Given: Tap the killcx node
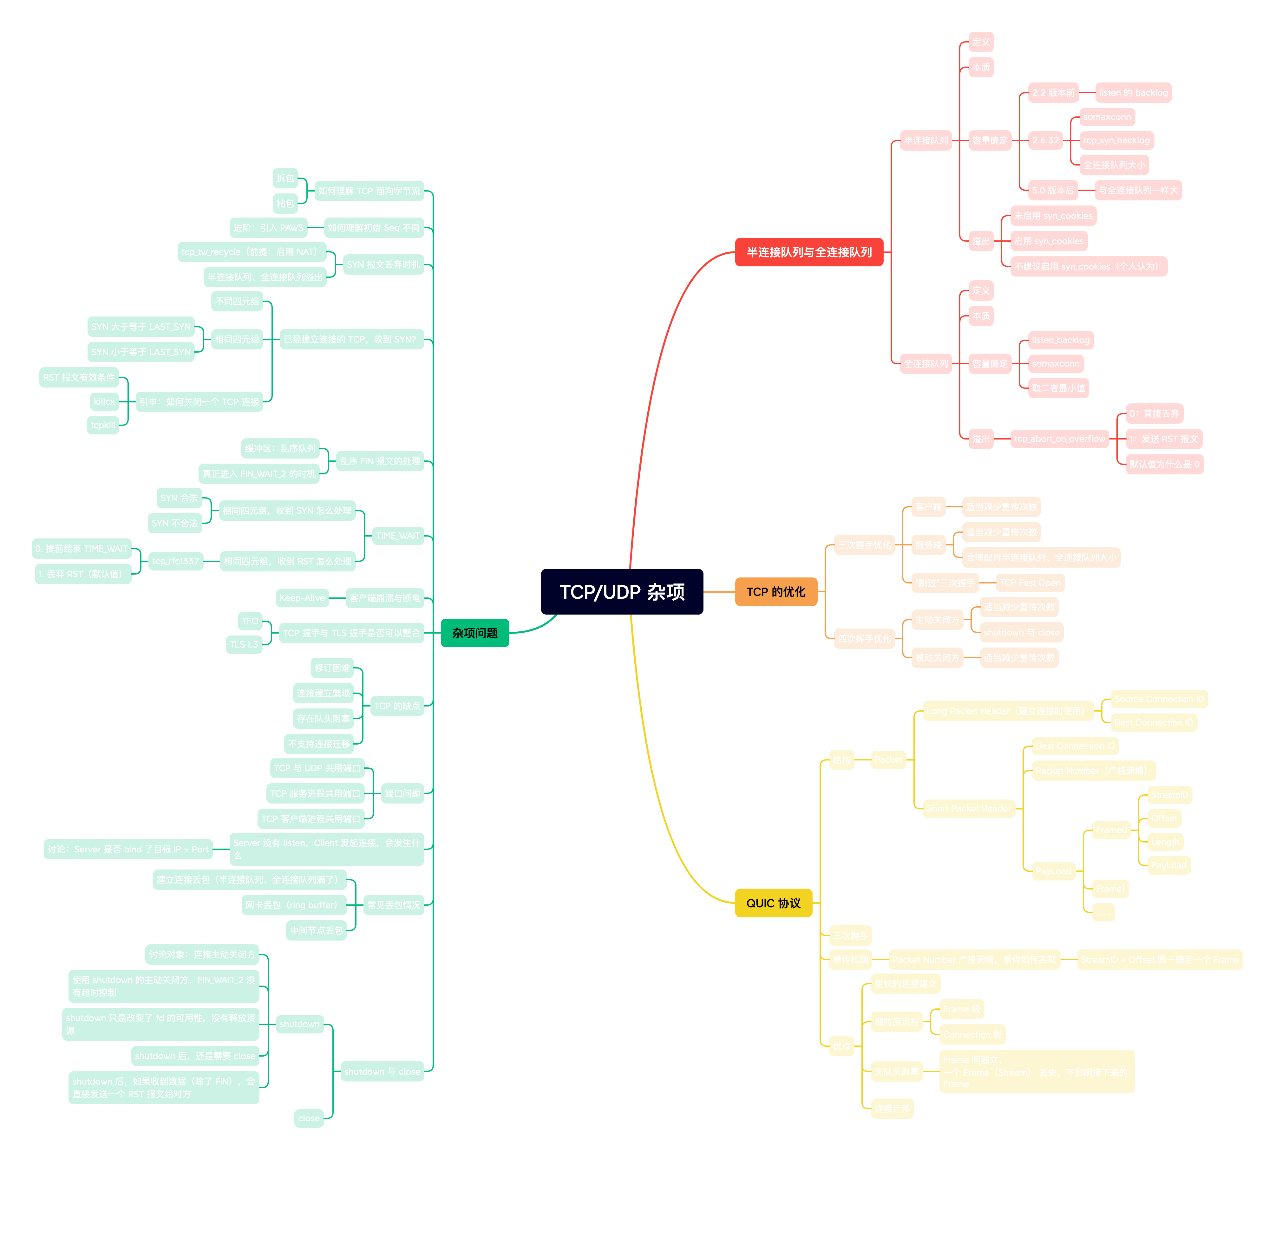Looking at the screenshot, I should click(x=104, y=401).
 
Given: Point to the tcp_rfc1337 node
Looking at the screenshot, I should click(x=176, y=561).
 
